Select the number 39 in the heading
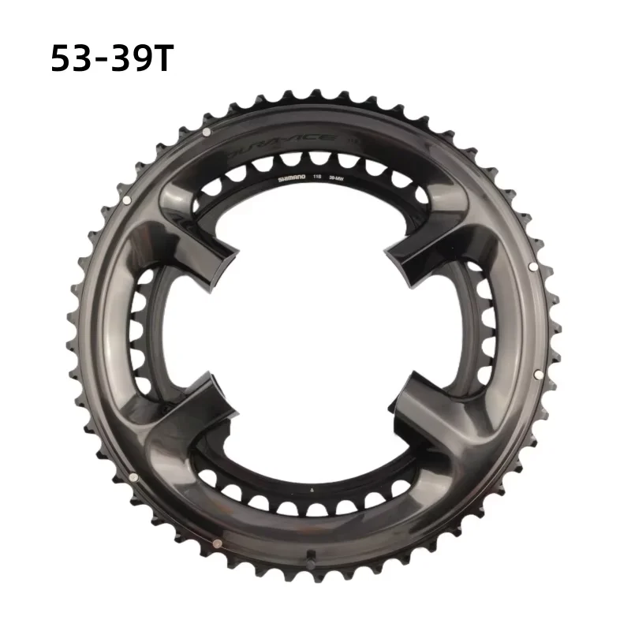131,59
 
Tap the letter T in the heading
161,59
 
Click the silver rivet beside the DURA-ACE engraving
205,131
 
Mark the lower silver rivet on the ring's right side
536,373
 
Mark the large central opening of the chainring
315,323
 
